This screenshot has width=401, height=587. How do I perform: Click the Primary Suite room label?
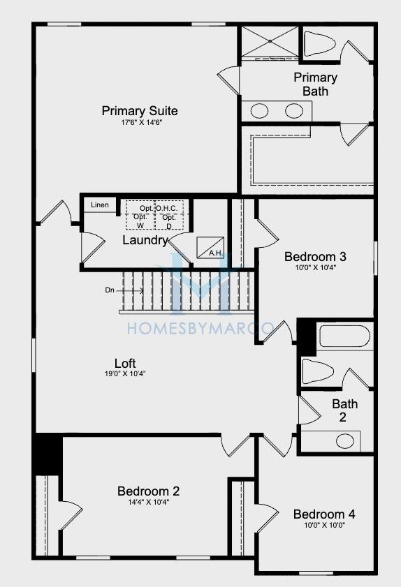(x=140, y=111)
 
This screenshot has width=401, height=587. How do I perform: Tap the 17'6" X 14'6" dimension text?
(x=141, y=122)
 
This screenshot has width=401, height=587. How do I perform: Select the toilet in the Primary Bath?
(x=319, y=44)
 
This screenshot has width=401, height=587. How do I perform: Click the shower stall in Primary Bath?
(x=270, y=42)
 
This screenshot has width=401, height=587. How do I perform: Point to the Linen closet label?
(x=100, y=205)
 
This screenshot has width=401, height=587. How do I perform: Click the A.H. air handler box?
(x=210, y=248)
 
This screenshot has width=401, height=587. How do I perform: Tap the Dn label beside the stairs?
(x=110, y=290)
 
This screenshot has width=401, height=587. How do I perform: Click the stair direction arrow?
(x=130, y=290)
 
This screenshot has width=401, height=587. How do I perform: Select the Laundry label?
(x=145, y=240)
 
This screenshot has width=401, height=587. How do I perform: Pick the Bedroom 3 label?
(x=315, y=257)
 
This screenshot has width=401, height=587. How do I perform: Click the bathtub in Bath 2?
(x=344, y=336)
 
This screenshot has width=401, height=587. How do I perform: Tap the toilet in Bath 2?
(x=318, y=371)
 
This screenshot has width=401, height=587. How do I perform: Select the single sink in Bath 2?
(x=345, y=441)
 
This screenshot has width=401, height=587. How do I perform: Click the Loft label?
(x=125, y=363)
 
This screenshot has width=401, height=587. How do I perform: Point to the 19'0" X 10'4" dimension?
(x=125, y=373)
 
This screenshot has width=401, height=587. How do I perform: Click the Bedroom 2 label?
(x=148, y=491)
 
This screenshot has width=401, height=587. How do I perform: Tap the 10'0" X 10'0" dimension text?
(x=324, y=525)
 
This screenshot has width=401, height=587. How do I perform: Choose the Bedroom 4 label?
(x=324, y=514)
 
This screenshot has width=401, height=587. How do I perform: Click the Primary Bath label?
(x=316, y=84)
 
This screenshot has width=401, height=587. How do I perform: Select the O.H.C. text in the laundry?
(x=166, y=208)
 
